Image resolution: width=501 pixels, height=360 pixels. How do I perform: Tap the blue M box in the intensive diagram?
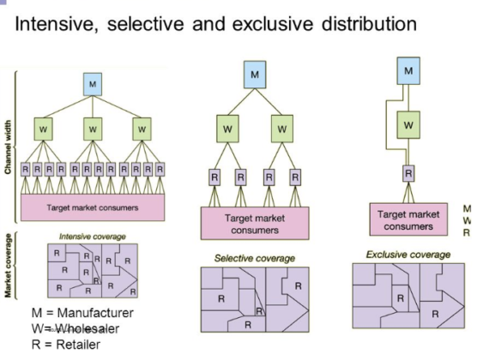tap(93, 83)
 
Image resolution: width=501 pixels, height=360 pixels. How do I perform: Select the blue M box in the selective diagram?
tap(255, 75)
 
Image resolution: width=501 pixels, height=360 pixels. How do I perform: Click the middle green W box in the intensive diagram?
tap(93, 130)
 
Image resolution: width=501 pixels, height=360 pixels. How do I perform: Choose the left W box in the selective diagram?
tap(227, 129)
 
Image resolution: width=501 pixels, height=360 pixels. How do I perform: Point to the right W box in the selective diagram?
tap(282, 129)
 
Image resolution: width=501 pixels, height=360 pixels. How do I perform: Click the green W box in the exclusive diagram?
tap(410, 125)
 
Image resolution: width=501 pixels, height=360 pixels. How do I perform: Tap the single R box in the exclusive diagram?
tap(410, 172)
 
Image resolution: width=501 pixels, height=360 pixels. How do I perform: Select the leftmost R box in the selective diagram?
tap(214, 179)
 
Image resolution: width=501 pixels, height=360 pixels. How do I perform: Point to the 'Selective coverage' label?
tap(254, 258)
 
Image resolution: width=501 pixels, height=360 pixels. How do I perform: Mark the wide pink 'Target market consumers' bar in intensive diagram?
tap(93, 207)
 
